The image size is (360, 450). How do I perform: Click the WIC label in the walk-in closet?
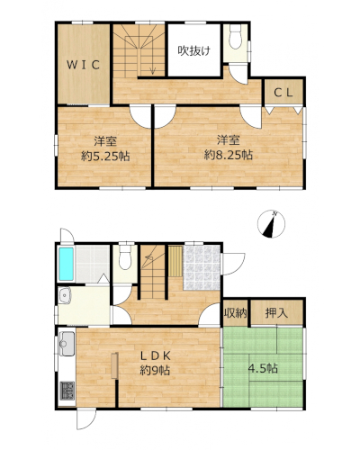tap(83, 65)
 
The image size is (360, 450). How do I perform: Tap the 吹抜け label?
tap(193, 50)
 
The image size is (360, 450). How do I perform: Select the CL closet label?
tap(283, 93)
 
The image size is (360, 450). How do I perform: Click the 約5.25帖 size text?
tap(105, 156)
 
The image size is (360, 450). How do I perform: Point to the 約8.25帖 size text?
tap(229, 155)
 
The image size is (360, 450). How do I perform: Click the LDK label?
tap(156, 356)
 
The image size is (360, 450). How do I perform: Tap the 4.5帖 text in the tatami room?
tap(263, 368)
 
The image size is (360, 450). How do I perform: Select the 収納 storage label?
tap(236, 313)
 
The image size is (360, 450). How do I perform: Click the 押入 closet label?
tap(276, 313)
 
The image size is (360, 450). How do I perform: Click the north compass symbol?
tap(271, 224)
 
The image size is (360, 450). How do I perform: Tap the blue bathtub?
tap(67, 264)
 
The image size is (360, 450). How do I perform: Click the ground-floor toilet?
tap(125, 257)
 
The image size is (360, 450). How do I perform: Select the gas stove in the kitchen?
tap(67, 391)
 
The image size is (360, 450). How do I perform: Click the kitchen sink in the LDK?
tap(67, 344)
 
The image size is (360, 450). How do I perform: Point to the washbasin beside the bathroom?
tap(65, 295)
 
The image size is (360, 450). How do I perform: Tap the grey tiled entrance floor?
tap(202, 268)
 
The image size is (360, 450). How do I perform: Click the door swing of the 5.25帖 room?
tap(140, 117)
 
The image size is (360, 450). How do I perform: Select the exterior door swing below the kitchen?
tap(86, 419)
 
